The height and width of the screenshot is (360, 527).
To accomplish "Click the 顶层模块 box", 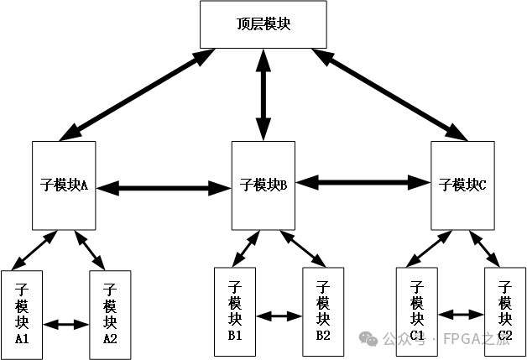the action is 263,24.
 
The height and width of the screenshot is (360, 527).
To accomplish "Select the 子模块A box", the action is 64,185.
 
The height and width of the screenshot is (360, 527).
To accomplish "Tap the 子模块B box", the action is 263,185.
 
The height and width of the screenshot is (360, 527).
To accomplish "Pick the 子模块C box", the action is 462,185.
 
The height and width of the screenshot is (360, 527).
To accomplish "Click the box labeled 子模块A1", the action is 22,315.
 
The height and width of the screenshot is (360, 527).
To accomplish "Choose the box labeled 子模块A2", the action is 110,315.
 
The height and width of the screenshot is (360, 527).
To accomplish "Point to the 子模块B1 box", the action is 235,311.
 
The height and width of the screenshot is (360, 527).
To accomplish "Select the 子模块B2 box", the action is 323,311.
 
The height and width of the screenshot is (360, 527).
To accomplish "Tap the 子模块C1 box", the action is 417,311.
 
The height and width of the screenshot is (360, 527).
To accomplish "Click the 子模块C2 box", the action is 505,311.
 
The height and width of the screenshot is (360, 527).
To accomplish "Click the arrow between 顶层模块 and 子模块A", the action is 137,95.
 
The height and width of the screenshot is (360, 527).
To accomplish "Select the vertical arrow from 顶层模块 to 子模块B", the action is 263,95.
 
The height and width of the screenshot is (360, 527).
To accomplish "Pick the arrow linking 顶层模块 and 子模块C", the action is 389,95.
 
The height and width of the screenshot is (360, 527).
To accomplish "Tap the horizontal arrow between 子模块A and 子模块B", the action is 164,188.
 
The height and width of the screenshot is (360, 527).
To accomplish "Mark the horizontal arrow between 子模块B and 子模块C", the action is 363,183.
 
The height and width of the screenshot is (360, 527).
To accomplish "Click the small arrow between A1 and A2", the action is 65,325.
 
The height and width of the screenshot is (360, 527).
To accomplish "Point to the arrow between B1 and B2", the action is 279,316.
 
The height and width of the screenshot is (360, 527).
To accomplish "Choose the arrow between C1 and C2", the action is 461,315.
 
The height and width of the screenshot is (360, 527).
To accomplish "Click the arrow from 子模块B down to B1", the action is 246,248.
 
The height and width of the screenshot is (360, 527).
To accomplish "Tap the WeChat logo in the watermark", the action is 368,338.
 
